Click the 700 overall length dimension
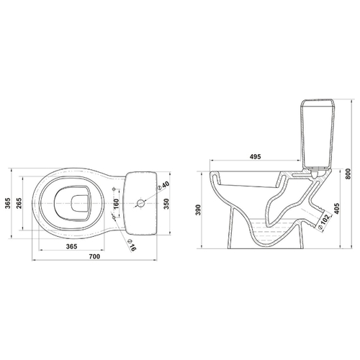pos(94,256)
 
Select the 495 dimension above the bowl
pos(255,156)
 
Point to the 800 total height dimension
pos(348,174)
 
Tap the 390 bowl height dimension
pos(198,210)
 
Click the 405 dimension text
pos(336,209)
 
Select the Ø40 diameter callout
pos(163,186)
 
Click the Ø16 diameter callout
pos(132,245)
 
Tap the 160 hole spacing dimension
pos(117,204)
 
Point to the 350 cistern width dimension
pos(166,204)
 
